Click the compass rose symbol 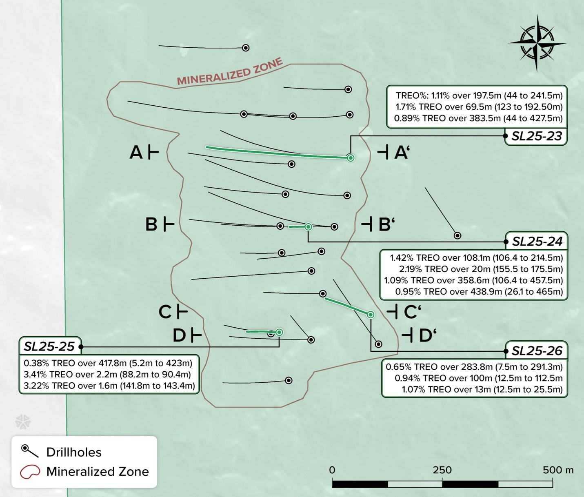(x=537, y=42)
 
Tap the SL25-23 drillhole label (x=536, y=136)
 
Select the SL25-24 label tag (x=537, y=242)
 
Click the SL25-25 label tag (x=49, y=347)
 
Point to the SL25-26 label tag (x=537, y=351)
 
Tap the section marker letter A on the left (x=136, y=153)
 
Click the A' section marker (x=401, y=153)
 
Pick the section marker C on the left (x=165, y=312)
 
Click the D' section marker (x=427, y=336)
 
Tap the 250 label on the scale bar (x=442, y=470)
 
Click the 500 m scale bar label (x=557, y=470)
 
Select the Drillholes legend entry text (x=74, y=452)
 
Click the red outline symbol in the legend (x=30, y=472)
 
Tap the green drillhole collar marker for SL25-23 (x=350, y=158)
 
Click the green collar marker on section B (x=309, y=227)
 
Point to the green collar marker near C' (x=371, y=315)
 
